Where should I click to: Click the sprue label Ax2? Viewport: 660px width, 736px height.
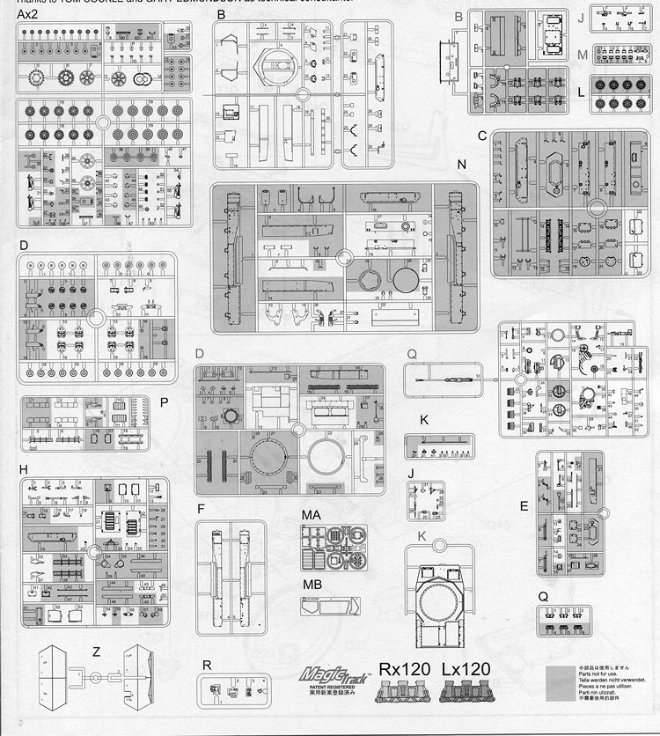[27, 13]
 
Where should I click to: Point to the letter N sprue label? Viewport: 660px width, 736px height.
[462, 165]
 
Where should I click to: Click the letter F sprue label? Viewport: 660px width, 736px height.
[201, 509]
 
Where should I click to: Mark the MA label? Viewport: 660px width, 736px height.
[310, 513]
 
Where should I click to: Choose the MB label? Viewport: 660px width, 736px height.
[310, 585]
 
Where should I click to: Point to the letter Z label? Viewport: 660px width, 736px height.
[94, 651]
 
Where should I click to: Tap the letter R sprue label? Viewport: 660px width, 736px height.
[206, 666]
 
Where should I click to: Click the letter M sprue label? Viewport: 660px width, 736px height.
[583, 55]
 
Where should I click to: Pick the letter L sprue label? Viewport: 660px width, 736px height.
[583, 91]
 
